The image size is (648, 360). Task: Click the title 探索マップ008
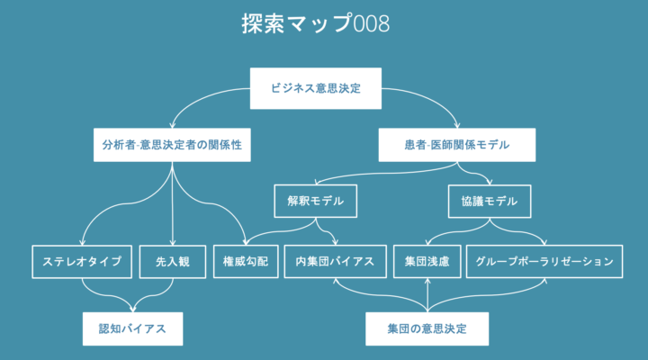tap(315, 23)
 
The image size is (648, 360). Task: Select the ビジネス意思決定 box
tap(316, 88)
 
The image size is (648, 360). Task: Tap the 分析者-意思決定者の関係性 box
tap(172, 145)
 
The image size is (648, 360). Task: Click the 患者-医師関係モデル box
tap(457, 145)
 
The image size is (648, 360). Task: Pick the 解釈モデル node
tap(315, 201)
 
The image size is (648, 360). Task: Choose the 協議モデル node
tap(490, 202)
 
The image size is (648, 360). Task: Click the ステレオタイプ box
tap(82, 262)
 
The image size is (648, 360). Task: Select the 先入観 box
tap(173, 262)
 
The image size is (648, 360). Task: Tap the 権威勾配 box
tap(246, 261)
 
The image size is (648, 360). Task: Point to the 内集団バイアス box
tap(335, 261)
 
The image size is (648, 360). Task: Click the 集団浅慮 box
tap(427, 261)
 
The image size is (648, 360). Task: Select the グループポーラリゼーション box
tap(544, 261)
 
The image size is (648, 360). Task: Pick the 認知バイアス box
tap(132, 328)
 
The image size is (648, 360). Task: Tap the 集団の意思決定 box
tap(427, 328)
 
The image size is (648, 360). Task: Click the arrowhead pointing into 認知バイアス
tap(132, 310)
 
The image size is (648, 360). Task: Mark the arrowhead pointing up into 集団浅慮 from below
tap(427, 281)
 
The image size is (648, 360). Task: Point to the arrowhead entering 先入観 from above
tap(173, 243)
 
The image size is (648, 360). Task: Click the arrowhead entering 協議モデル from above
tap(490, 182)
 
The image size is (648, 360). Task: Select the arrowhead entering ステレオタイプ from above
tap(82, 243)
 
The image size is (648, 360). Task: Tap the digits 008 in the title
tap(372, 24)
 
